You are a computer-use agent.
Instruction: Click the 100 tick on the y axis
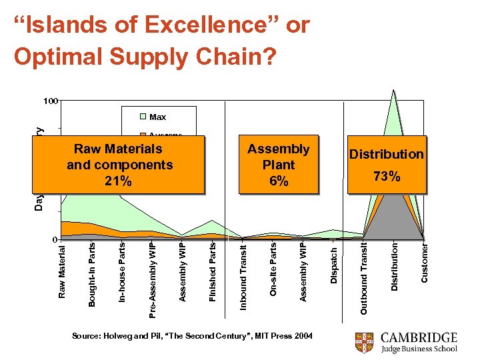tap(51, 101)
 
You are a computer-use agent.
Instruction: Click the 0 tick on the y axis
tap(55, 239)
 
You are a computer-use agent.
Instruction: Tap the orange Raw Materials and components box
tap(120, 165)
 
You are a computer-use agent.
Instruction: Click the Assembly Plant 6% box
tap(279, 165)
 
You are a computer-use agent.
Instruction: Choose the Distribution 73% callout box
tap(387, 165)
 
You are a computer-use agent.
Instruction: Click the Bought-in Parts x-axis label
tap(92, 274)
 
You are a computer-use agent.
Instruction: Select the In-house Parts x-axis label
tap(122, 272)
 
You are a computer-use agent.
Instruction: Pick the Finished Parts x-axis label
tap(212, 271)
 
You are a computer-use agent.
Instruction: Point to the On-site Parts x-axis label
tap(273, 269)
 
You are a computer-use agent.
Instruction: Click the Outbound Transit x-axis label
tap(364, 279)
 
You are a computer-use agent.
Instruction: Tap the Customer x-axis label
tap(425, 263)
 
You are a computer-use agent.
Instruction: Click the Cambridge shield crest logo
tap(364, 341)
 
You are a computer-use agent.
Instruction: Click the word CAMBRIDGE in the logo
tap(419, 337)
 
